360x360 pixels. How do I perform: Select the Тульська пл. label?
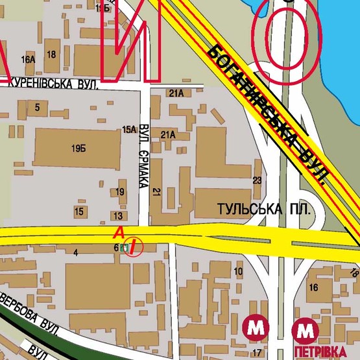(260, 210)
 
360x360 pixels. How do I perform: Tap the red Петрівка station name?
(320, 351)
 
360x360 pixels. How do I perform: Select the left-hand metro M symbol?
(256, 329)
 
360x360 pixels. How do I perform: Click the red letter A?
(118, 232)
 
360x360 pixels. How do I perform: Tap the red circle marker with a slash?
(133, 246)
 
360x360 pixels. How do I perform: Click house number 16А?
(28, 60)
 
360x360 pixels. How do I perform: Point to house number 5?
(38, 107)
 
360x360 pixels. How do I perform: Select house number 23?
(257, 180)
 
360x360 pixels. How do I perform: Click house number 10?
(238, 271)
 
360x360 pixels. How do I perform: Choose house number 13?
(118, 215)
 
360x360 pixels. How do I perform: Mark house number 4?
(76, 253)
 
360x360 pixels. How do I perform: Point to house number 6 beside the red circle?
(117, 247)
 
